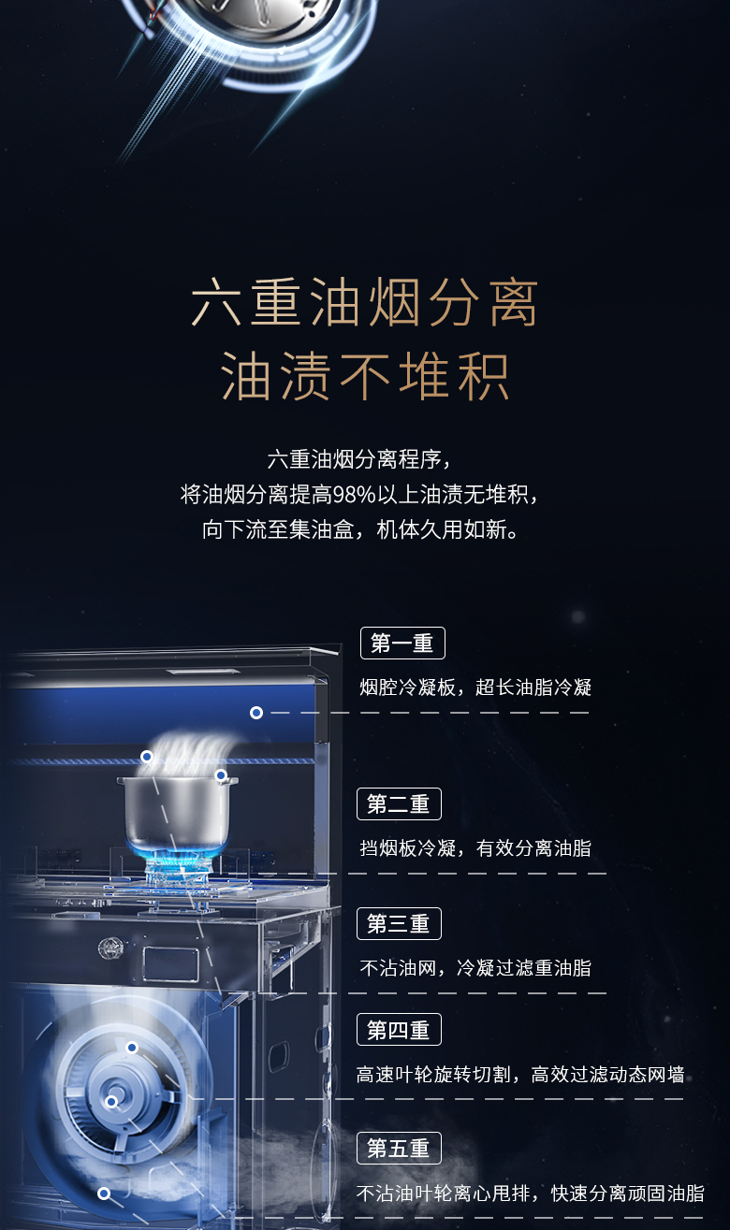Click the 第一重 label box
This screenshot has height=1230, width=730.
point(402,643)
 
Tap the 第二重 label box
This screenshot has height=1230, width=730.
point(399,803)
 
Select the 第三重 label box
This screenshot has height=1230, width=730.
point(399,923)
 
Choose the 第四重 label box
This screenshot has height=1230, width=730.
point(399,1030)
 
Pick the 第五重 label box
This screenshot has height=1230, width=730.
point(399,1149)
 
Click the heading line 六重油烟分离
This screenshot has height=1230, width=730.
point(364,302)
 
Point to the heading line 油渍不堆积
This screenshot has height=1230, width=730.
point(365,376)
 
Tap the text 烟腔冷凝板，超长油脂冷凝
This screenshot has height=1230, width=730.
point(475,687)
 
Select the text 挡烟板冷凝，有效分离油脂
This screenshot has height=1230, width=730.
point(475,848)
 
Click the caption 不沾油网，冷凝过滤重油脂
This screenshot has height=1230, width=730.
point(475,967)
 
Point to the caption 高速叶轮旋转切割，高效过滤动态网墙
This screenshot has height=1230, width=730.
point(520,1074)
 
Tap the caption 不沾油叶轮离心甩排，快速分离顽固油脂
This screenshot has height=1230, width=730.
point(530,1194)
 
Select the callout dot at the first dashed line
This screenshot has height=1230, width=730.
point(255,713)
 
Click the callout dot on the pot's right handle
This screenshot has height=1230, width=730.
point(221,775)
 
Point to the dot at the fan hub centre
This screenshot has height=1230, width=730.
point(111,1102)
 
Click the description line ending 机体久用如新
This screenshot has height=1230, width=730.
point(360,530)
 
